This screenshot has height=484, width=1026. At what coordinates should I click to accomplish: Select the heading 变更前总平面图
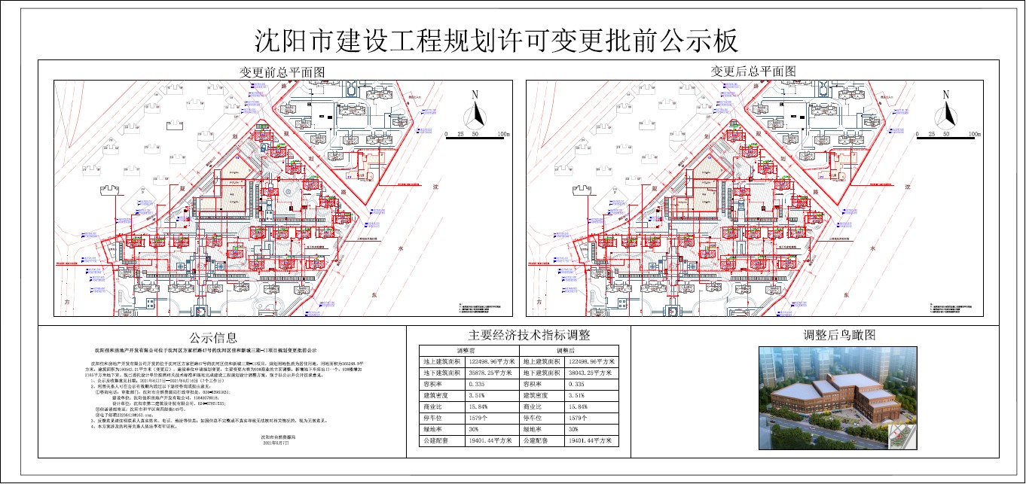[282, 72]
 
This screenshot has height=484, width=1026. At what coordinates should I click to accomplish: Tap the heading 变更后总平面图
[753, 72]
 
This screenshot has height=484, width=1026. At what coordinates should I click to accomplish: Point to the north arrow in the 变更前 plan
[475, 110]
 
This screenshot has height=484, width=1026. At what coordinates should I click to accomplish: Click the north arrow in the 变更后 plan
[947, 110]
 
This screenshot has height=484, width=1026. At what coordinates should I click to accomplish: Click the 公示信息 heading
[213, 337]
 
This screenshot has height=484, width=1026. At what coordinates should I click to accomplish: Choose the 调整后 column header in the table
[565, 350]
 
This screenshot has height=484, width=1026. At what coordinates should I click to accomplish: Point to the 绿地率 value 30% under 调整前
[473, 428]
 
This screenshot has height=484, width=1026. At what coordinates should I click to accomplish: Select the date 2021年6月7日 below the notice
[279, 444]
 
